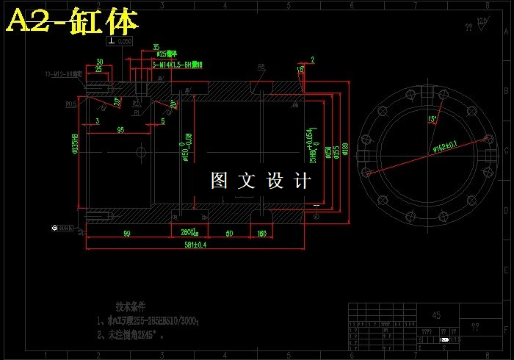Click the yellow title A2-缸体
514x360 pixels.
(x=72, y=21)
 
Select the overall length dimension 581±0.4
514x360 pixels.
(x=195, y=245)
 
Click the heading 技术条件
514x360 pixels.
(x=131, y=305)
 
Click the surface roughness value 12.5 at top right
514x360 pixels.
(x=482, y=21)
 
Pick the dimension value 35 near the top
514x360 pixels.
(x=156, y=47)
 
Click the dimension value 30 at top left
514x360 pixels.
(x=99, y=62)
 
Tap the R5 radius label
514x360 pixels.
(x=261, y=68)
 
